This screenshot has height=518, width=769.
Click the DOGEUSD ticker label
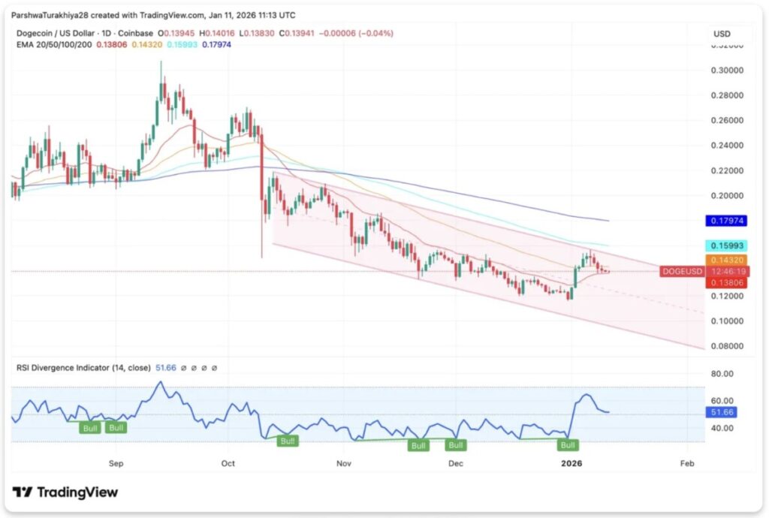[x=681, y=271]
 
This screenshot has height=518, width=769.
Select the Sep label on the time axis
[x=116, y=463]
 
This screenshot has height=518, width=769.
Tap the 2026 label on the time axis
[x=573, y=463]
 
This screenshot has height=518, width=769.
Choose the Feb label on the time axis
[x=686, y=463]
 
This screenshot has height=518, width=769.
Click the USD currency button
[x=722, y=34]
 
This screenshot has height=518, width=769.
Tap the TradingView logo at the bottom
[x=65, y=492]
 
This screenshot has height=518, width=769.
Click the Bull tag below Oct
[x=287, y=441]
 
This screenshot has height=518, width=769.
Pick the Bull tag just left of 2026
[x=568, y=444]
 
